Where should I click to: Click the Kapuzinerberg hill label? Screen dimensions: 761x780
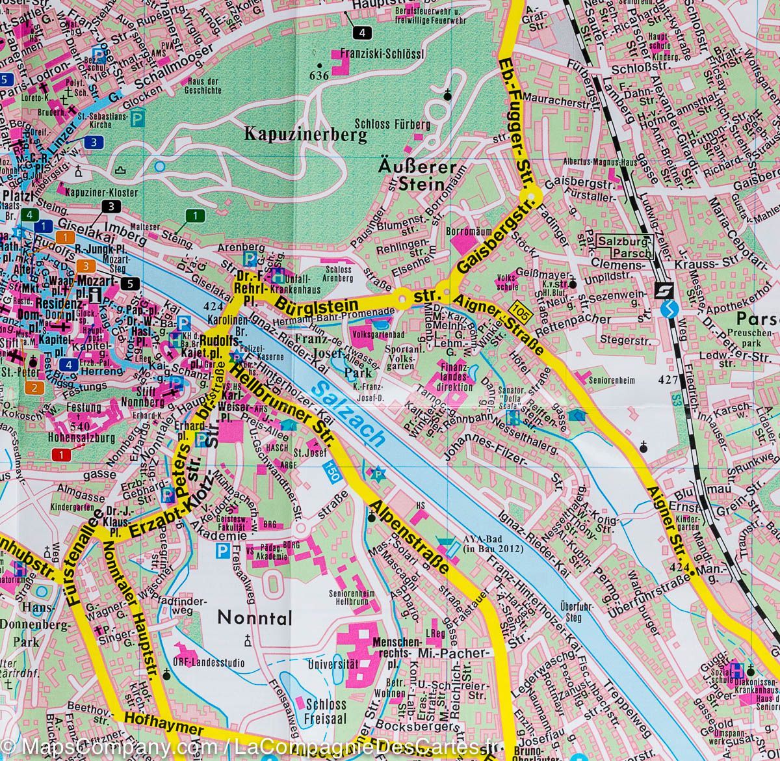305,134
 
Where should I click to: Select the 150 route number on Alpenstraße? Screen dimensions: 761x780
333,474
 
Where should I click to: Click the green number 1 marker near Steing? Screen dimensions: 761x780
195,215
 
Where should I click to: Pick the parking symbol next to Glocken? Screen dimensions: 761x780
136,118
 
